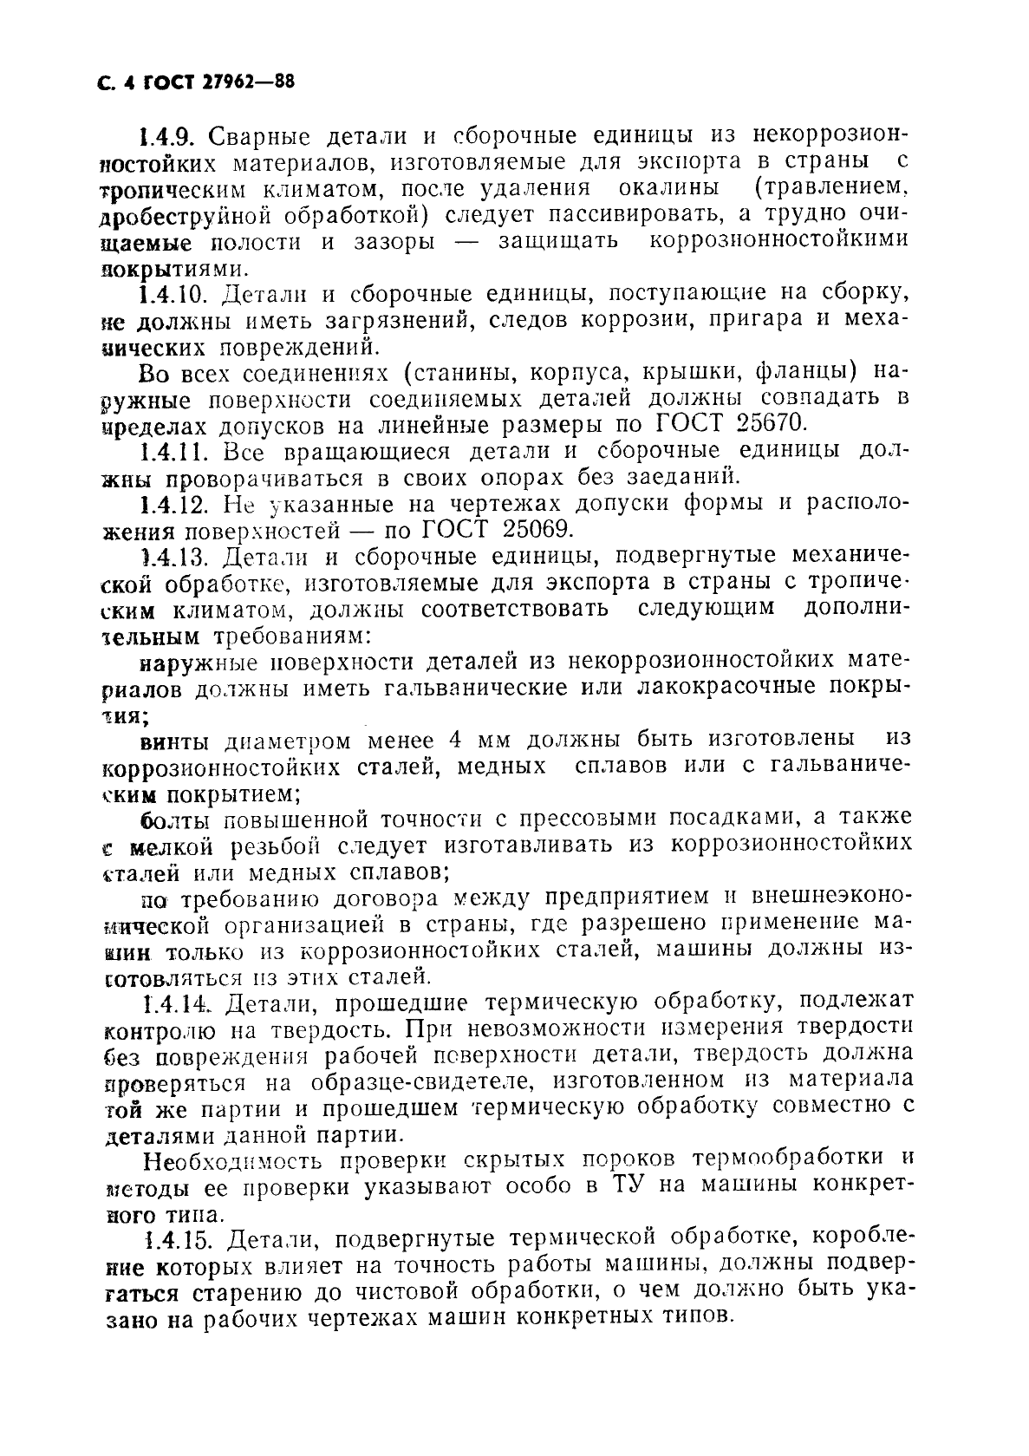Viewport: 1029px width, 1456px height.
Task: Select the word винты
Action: coord(174,742)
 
